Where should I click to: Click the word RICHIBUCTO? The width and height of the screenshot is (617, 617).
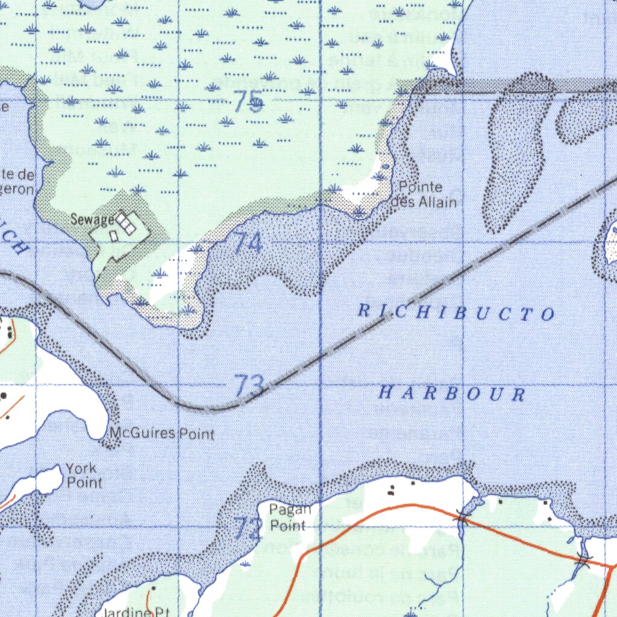coord(456,312)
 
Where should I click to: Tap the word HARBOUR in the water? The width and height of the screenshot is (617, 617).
coord(452,394)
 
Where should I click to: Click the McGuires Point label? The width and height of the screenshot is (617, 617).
coord(161,433)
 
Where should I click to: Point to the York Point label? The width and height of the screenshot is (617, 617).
coord(84,475)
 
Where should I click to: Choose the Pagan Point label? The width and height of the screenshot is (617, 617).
coord(290,518)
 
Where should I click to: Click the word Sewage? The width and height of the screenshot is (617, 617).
coord(92,220)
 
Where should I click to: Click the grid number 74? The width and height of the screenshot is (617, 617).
coord(248,243)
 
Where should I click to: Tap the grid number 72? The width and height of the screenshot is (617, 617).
coord(248,528)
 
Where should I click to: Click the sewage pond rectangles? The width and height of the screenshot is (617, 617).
coord(125,223)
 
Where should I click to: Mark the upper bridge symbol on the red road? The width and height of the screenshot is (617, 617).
coord(462,516)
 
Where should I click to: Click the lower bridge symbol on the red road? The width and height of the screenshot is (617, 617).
coord(581,560)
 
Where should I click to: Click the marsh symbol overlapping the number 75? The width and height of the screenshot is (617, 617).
coord(256,104)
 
